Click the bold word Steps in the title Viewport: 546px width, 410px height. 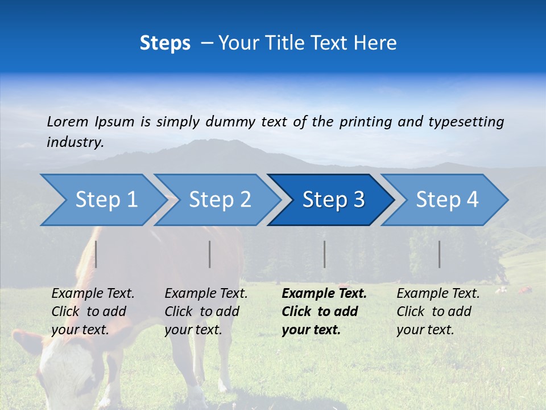(165, 43)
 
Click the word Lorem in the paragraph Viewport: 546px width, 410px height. (68, 121)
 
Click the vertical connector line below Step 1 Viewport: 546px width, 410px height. (96, 254)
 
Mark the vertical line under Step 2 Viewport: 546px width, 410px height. (209, 254)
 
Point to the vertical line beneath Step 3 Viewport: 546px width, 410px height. (324, 254)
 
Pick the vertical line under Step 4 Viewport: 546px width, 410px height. (439, 254)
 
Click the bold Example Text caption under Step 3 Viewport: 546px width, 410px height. (324, 311)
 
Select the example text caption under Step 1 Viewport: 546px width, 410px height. (93, 311)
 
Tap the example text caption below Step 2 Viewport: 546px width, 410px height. (206, 311)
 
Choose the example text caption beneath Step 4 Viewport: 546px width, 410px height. (438, 311)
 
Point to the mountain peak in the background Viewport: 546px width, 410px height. (196, 142)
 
